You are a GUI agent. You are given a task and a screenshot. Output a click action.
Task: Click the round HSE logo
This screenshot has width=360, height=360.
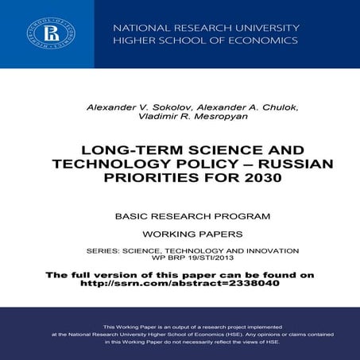pyautogui.click(x=45, y=34)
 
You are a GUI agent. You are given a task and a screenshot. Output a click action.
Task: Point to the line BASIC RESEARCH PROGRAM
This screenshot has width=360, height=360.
pyautogui.click(x=180, y=215)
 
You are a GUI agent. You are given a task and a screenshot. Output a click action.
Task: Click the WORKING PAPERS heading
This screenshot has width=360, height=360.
pyautogui.click(x=180, y=235)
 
